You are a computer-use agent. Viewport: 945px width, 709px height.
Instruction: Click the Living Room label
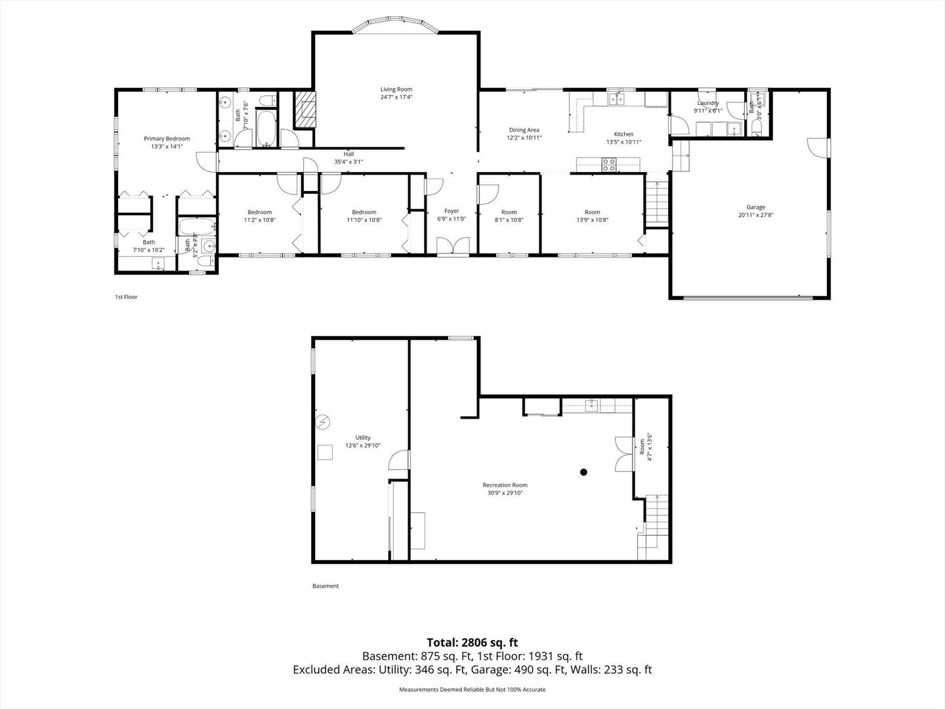pos(396,89)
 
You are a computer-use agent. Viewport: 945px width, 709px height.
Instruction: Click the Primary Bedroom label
pos(167,139)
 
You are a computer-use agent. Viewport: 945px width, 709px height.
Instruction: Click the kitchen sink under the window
pos(616,99)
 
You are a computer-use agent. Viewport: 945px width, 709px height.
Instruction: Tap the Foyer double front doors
pos(451,246)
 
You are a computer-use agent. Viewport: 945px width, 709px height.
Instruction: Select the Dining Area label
pos(524,130)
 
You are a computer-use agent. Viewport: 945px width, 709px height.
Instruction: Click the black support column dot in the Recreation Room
pos(583,471)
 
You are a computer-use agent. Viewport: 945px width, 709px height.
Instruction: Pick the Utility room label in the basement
pos(363,438)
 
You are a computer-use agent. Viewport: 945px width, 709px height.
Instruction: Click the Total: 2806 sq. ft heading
pos(472,642)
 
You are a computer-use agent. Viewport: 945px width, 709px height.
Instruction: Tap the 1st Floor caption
pos(126,297)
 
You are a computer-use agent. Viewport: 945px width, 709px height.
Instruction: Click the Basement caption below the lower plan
pos(325,586)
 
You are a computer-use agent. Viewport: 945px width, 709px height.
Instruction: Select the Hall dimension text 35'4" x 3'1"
pos(348,161)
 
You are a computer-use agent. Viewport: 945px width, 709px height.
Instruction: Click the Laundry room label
pos(708,103)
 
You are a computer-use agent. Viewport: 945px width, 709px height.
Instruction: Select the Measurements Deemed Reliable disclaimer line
pos(472,689)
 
